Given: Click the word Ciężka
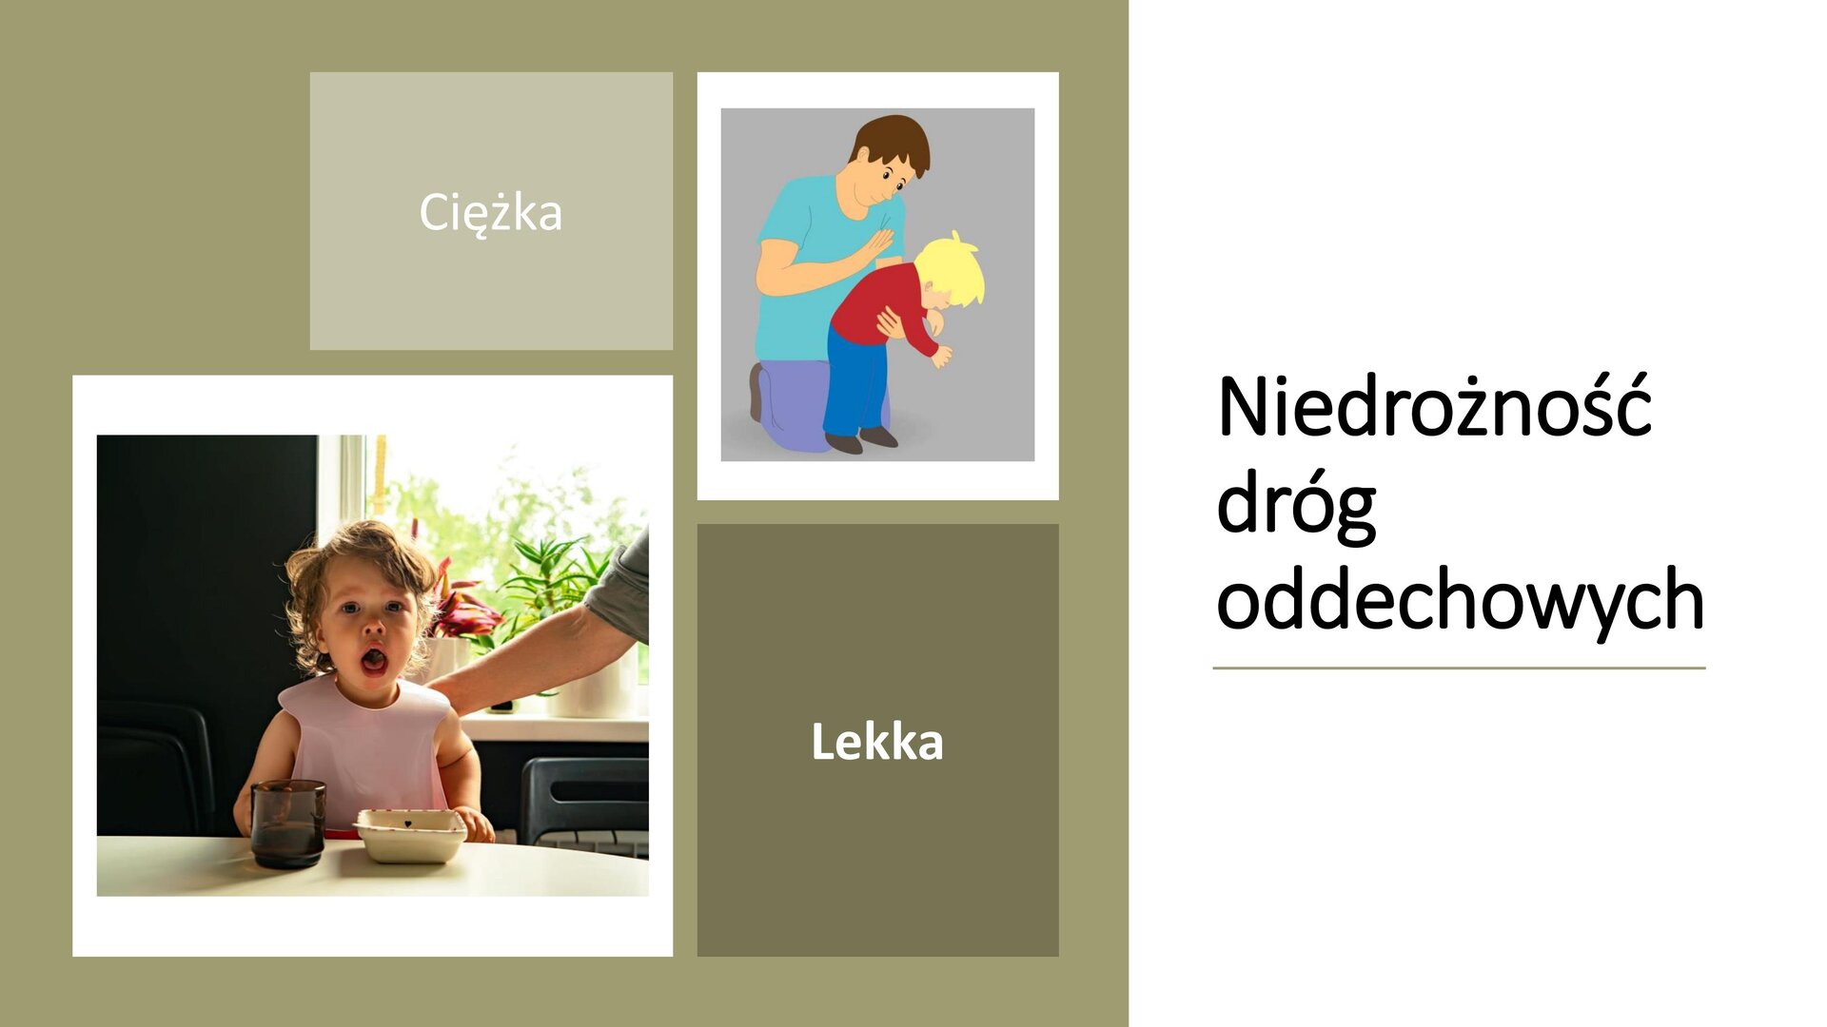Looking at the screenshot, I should coord(490,212).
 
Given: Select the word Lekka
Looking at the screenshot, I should coord(876,742).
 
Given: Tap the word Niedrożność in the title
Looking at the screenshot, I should coord(1434,407).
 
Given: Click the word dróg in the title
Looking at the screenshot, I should coord(1296,506).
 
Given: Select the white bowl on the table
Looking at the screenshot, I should coord(410,834).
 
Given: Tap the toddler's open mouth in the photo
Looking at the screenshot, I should coord(373,659).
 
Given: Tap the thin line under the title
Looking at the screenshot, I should coord(1458,668).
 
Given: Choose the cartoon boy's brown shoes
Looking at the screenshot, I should coord(861,440).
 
